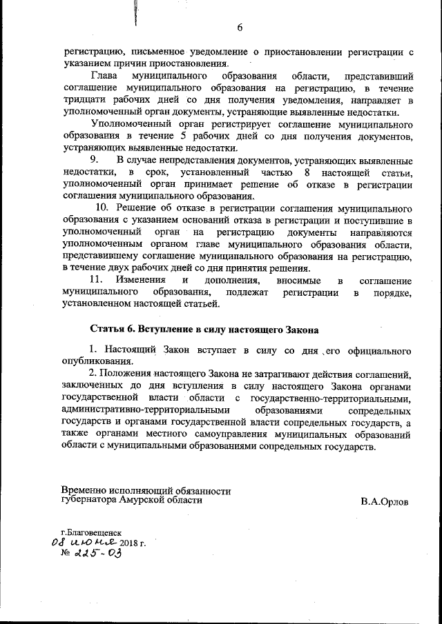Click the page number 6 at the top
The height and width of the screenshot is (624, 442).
(x=240, y=28)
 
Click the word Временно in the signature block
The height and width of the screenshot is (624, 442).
(x=84, y=491)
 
